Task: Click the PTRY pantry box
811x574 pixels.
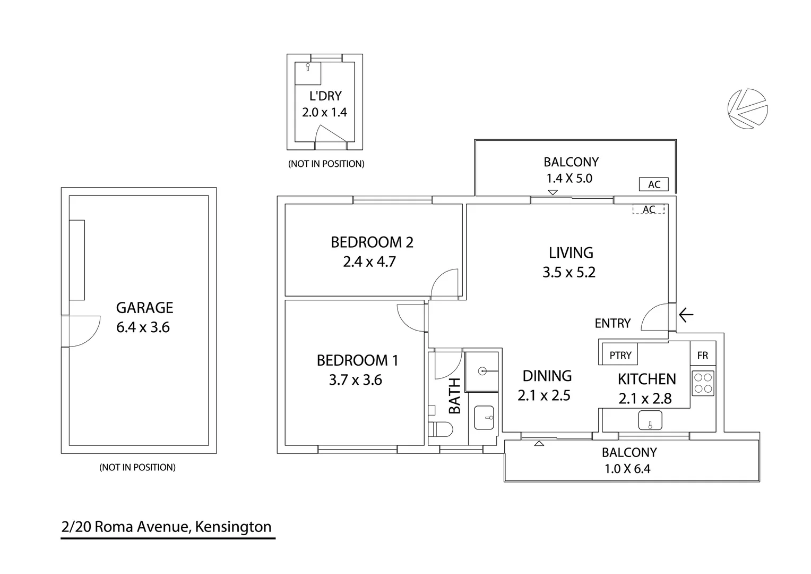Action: tap(620, 355)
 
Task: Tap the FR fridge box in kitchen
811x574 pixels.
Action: tap(703, 355)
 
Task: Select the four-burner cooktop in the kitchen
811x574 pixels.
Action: tap(703, 383)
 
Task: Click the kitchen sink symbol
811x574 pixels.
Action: tap(650, 420)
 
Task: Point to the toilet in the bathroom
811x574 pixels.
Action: tap(441, 428)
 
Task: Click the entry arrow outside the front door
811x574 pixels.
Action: tap(686, 315)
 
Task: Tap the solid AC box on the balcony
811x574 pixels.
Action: tap(654, 184)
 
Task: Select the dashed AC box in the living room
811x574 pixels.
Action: tap(649, 209)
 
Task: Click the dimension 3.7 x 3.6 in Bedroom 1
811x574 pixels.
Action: tap(355, 380)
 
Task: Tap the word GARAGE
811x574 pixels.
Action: tap(144, 308)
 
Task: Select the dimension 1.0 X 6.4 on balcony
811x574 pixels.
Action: tap(627, 469)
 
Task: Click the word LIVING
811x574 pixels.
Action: tap(571, 252)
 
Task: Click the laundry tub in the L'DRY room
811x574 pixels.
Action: tap(308, 73)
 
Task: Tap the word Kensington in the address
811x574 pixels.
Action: tap(233, 527)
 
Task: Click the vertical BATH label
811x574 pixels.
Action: tap(455, 396)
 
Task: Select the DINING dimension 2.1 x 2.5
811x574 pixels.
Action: tap(543, 395)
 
